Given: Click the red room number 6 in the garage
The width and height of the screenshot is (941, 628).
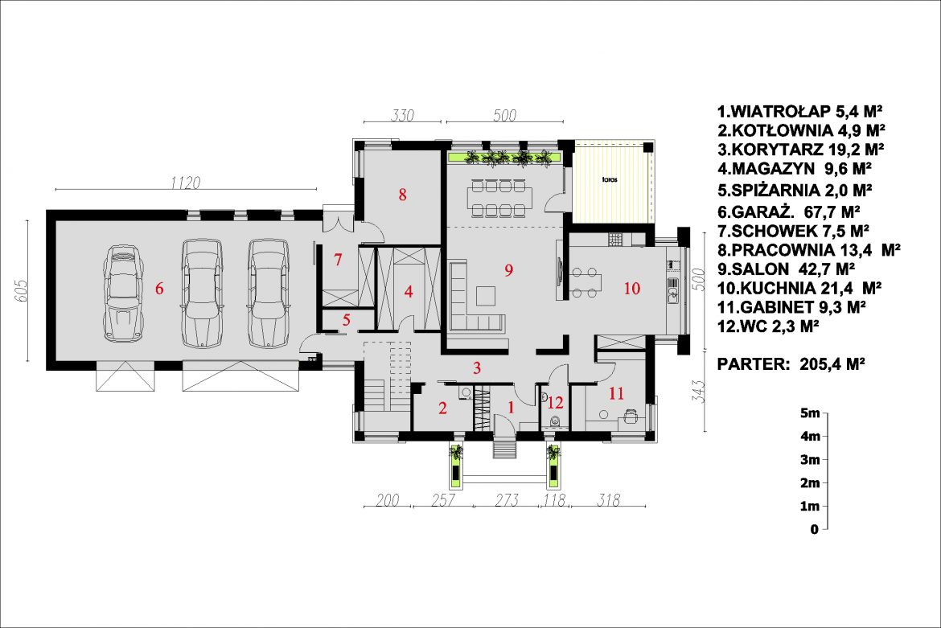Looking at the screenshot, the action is tap(159, 289).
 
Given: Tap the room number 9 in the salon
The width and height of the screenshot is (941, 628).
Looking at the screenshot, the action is tap(509, 270).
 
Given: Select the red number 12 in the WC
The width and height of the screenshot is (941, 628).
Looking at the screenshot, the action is tap(555, 402).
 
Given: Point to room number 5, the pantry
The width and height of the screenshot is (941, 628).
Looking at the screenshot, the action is tap(347, 320).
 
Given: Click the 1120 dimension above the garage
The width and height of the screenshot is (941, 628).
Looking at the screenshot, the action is tap(186, 183).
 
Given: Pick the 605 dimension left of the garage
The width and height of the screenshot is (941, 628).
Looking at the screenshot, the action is tap(20, 291).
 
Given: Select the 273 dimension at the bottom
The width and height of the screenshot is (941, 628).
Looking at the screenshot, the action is tap(507, 499).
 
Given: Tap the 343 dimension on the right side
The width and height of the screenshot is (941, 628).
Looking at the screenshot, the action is tap(697, 392).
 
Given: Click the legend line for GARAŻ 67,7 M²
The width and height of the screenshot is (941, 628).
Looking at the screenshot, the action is tap(789, 211).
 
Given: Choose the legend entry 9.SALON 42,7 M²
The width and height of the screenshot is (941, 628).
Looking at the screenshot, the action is tap(786, 269).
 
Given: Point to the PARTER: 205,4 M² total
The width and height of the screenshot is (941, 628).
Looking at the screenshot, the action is tap(791, 364).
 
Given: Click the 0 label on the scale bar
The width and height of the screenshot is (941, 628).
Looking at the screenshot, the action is tap(815, 529).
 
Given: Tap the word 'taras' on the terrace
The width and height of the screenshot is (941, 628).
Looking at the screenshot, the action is tap(610, 179).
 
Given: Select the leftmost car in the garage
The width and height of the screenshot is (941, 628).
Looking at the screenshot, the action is tap(123, 293).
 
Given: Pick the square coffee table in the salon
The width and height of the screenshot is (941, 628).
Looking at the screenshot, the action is tap(486, 296).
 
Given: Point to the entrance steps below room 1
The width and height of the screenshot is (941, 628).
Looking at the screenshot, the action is tap(505, 449).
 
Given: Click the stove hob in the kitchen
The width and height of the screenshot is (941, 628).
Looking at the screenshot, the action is tap(615, 240).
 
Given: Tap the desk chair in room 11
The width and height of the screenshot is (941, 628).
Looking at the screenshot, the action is tap(631, 416).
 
